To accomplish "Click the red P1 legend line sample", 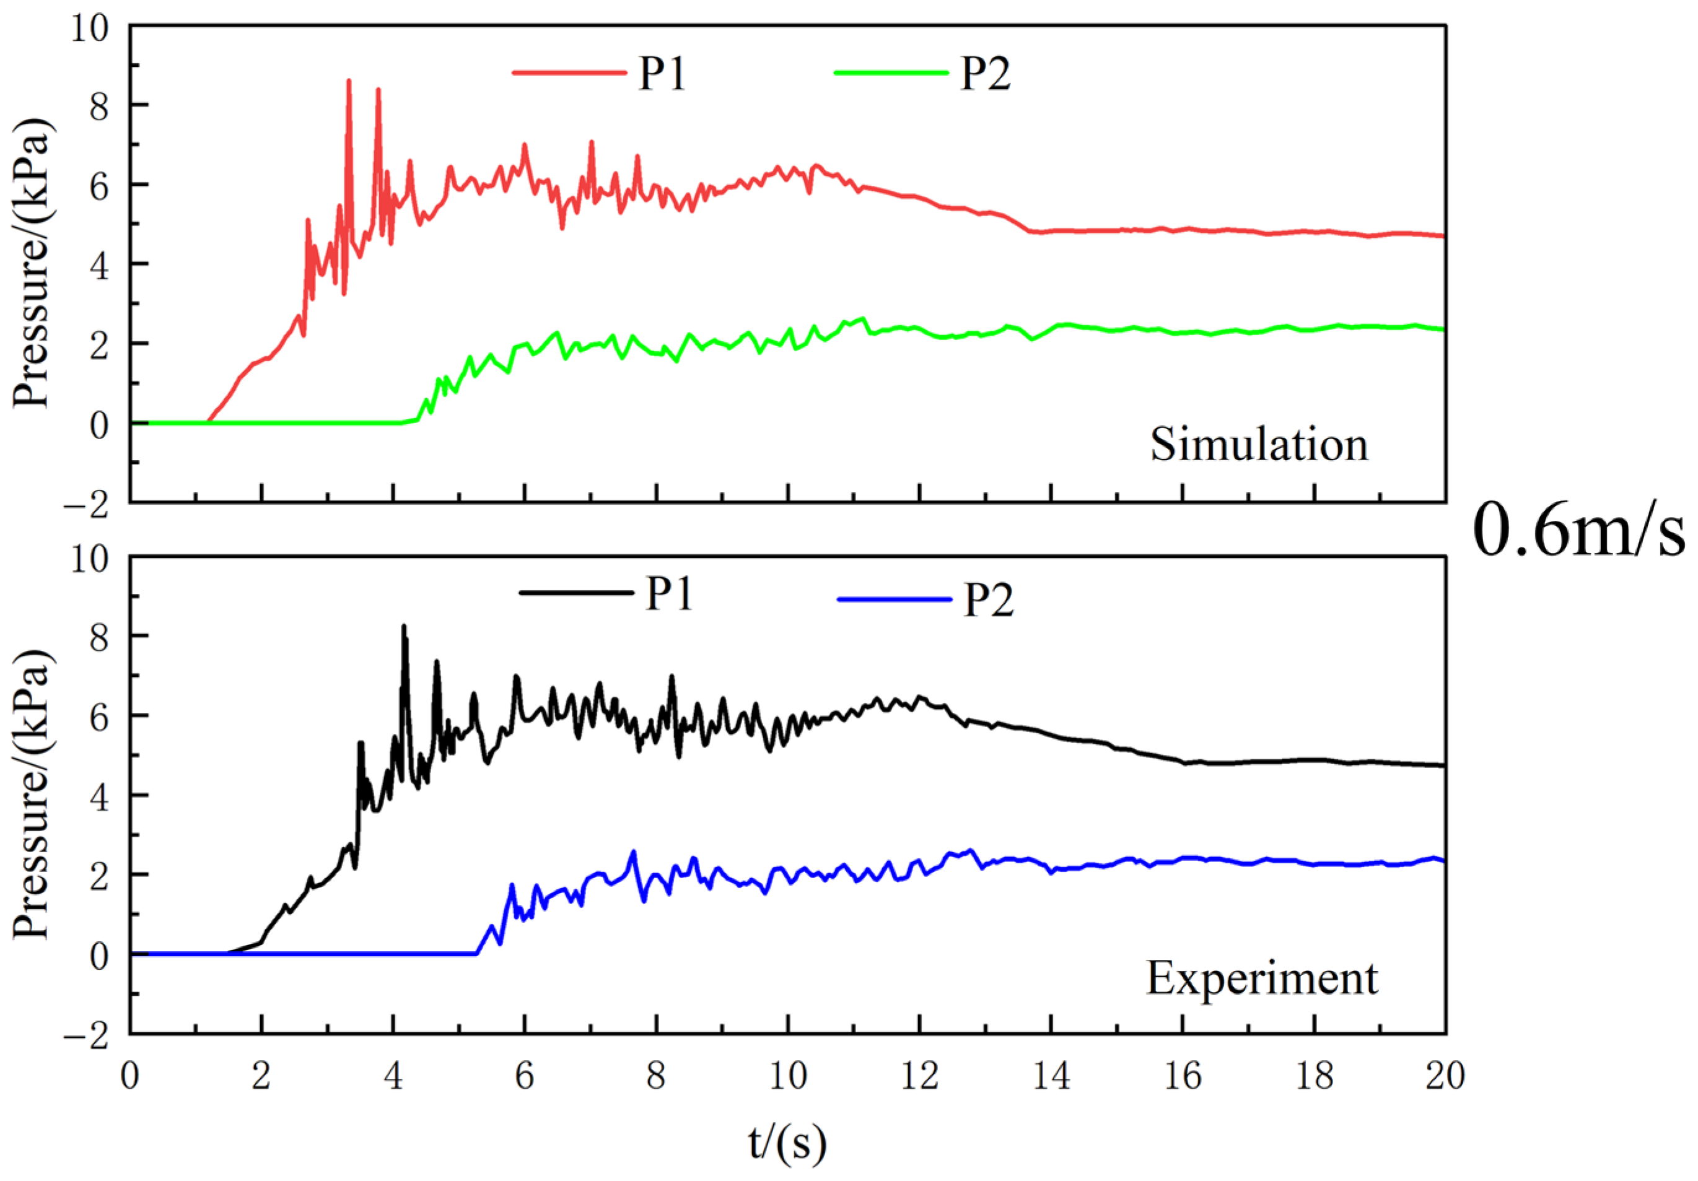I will click(x=569, y=72).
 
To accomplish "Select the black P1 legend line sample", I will click(x=576, y=592).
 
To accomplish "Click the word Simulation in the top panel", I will click(x=1259, y=445).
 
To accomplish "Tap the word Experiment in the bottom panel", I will click(x=1262, y=978).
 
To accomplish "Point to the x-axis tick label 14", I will click(x=1051, y=1076).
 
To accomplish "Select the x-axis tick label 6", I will click(x=524, y=1076).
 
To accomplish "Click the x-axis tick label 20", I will click(x=1445, y=1076).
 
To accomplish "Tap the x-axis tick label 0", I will click(x=130, y=1076).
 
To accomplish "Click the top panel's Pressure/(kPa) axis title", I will click(x=31, y=263).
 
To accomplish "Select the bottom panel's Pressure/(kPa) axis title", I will click(x=31, y=795).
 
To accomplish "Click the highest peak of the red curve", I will click(x=349, y=81).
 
